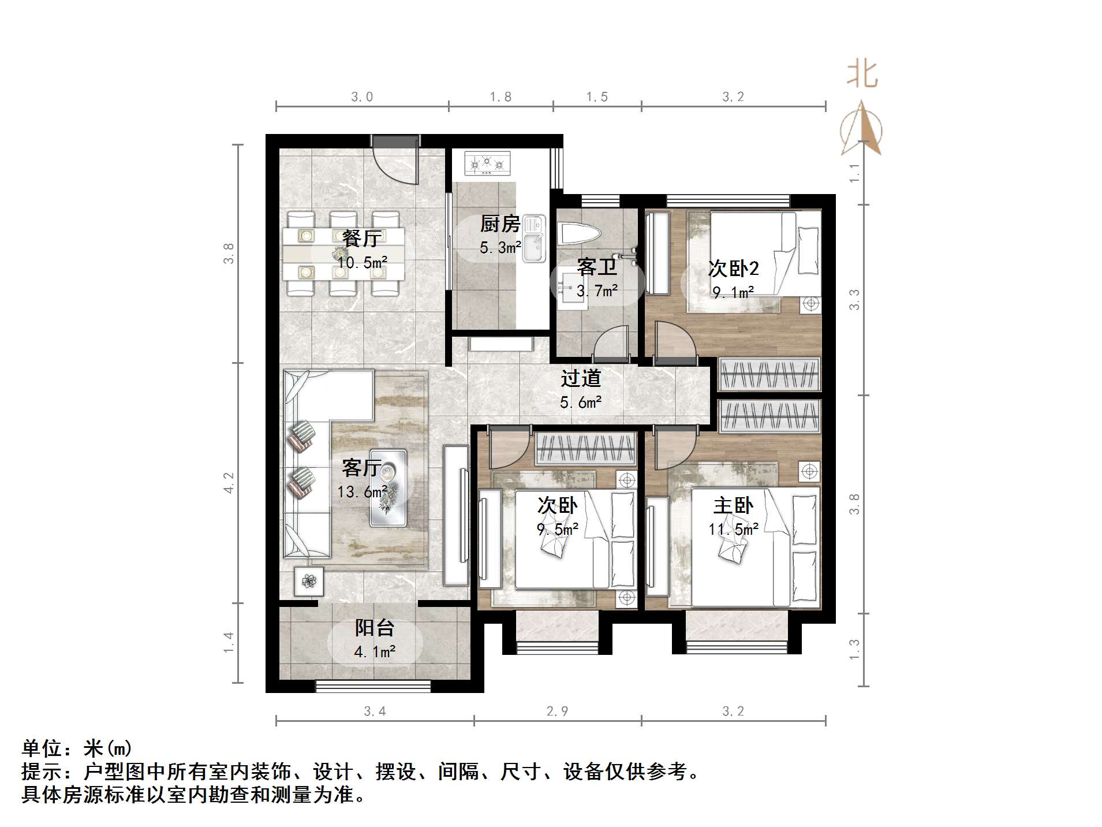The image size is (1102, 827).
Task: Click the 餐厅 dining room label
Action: (362, 239)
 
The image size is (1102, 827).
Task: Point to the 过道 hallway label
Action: (581, 378)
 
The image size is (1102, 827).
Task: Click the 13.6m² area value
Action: (362, 492)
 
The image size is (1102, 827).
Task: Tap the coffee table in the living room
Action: (388, 488)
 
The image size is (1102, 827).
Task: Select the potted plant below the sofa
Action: (309, 581)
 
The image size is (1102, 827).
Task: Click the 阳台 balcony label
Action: (375, 628)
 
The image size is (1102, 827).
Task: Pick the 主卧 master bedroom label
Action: (733, 506)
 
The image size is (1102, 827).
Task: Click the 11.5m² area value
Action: (733, 529)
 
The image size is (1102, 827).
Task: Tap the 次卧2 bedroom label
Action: (733, 269)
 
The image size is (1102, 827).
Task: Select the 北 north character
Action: (862, 75)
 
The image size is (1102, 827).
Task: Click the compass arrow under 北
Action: (862, 130)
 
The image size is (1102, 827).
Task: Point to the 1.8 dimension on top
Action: (500, 97)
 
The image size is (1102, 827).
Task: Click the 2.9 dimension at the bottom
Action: (557, 711)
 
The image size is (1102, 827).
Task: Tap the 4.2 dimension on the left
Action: (229, 483)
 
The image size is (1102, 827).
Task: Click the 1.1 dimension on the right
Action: (855, 173)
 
